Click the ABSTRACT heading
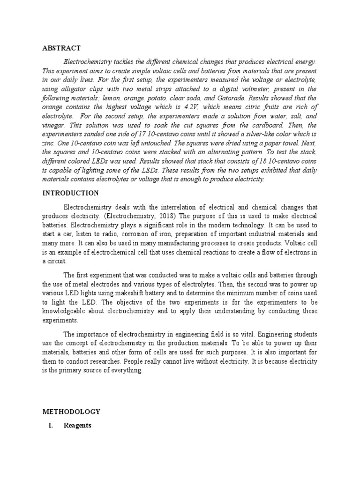tap(61, 48)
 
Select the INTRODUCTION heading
tap(70, 193)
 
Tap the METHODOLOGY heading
tap(71, 412)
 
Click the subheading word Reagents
tap(78, 425)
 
